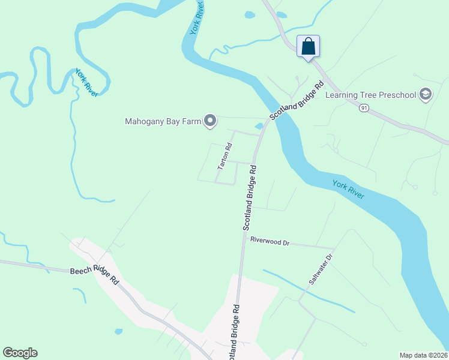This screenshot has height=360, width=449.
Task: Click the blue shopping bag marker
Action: pyautogui.click(x=308, y=46)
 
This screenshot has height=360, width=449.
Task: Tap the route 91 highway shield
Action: pyautogui.click(x=364, y=108)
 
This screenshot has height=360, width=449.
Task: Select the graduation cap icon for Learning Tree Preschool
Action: pyautogui.click(x=426, y=94)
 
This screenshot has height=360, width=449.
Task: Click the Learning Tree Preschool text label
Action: pyautogui.click(x=370, y=95)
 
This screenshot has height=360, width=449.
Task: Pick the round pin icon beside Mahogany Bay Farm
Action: pyautogui.click(x=209, y=121)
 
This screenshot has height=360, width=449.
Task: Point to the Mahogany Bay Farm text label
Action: pyautogui.click(x=163, y=122)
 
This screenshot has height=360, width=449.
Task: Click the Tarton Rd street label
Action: pyautogui.click(x=224, y=156)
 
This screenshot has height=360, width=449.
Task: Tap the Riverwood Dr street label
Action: pyautogui.click(x=270, y=242)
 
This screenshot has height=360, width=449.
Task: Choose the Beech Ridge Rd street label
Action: pyautogui.click(x=94, y=275)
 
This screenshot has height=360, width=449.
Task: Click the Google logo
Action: pyautogui.click(x=20, y=353)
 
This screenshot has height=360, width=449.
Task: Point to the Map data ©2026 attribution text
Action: pyautogui.click(x=423, y=355)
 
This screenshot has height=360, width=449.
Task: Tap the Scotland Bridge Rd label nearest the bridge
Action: pyautogui.click(x=296, y=100)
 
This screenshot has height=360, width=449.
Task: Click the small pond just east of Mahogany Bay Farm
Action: pyautogui.click(x=259, y=126)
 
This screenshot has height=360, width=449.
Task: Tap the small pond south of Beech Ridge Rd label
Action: pyautogui.click(x=118, y=331)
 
